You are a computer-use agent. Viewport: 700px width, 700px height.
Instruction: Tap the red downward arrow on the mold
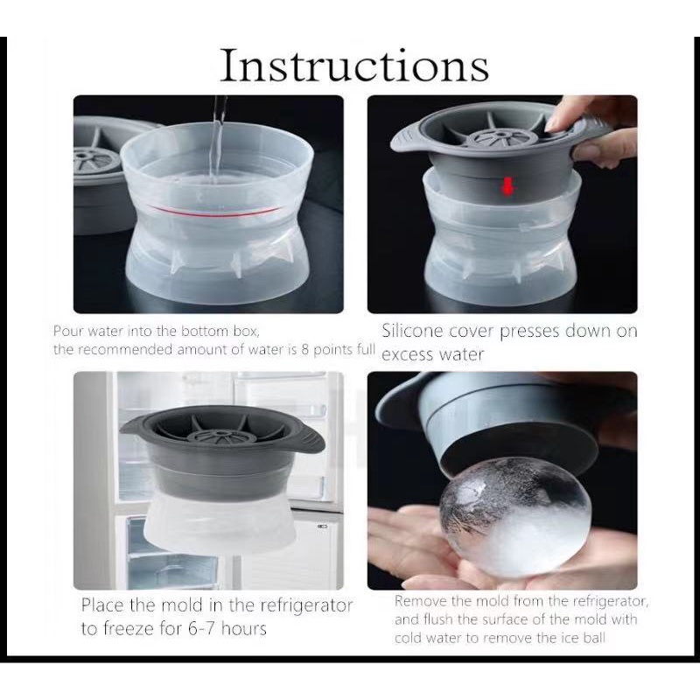[507, 185]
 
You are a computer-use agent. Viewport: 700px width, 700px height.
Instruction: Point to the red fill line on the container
[215, 212]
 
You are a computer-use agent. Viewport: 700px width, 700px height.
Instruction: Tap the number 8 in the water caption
[304, 349]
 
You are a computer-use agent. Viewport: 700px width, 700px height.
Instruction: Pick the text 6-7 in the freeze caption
[202, 628]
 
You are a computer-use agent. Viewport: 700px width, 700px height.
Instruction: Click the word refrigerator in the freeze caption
[306, 605]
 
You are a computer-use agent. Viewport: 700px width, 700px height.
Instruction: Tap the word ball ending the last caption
[594, 638]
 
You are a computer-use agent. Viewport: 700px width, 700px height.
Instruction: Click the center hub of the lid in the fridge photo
[220, 435]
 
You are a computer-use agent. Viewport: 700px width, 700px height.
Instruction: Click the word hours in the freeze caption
[244, 628]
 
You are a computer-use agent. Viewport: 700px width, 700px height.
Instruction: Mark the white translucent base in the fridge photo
[220, 523]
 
